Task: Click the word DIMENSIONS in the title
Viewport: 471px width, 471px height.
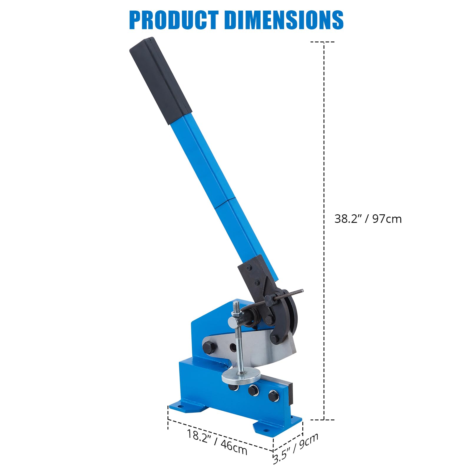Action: point(284,20)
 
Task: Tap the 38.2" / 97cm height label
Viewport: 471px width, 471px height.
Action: point(368,219)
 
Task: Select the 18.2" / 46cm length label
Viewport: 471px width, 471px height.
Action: point(217,442)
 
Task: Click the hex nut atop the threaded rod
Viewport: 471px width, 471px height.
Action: point(236,320)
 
